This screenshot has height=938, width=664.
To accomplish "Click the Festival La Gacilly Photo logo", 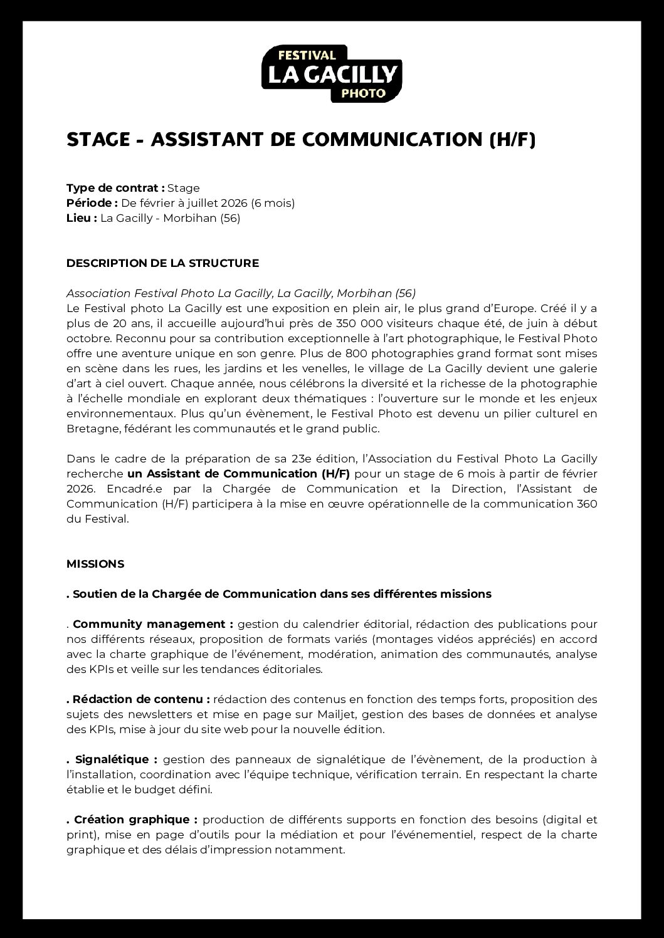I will (x=331, y=73).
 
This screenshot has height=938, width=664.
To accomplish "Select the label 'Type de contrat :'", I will (x=115, y=188).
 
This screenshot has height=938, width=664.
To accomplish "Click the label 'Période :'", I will (x=92, y=203).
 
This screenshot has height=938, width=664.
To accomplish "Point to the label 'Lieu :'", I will (x=82, y=218).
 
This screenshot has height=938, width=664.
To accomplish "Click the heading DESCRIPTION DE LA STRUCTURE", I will (x=162, y=263).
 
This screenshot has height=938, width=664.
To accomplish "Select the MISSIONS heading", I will (x=95, y=564).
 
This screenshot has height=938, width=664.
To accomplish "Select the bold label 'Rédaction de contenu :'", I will (x=141, y=699).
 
